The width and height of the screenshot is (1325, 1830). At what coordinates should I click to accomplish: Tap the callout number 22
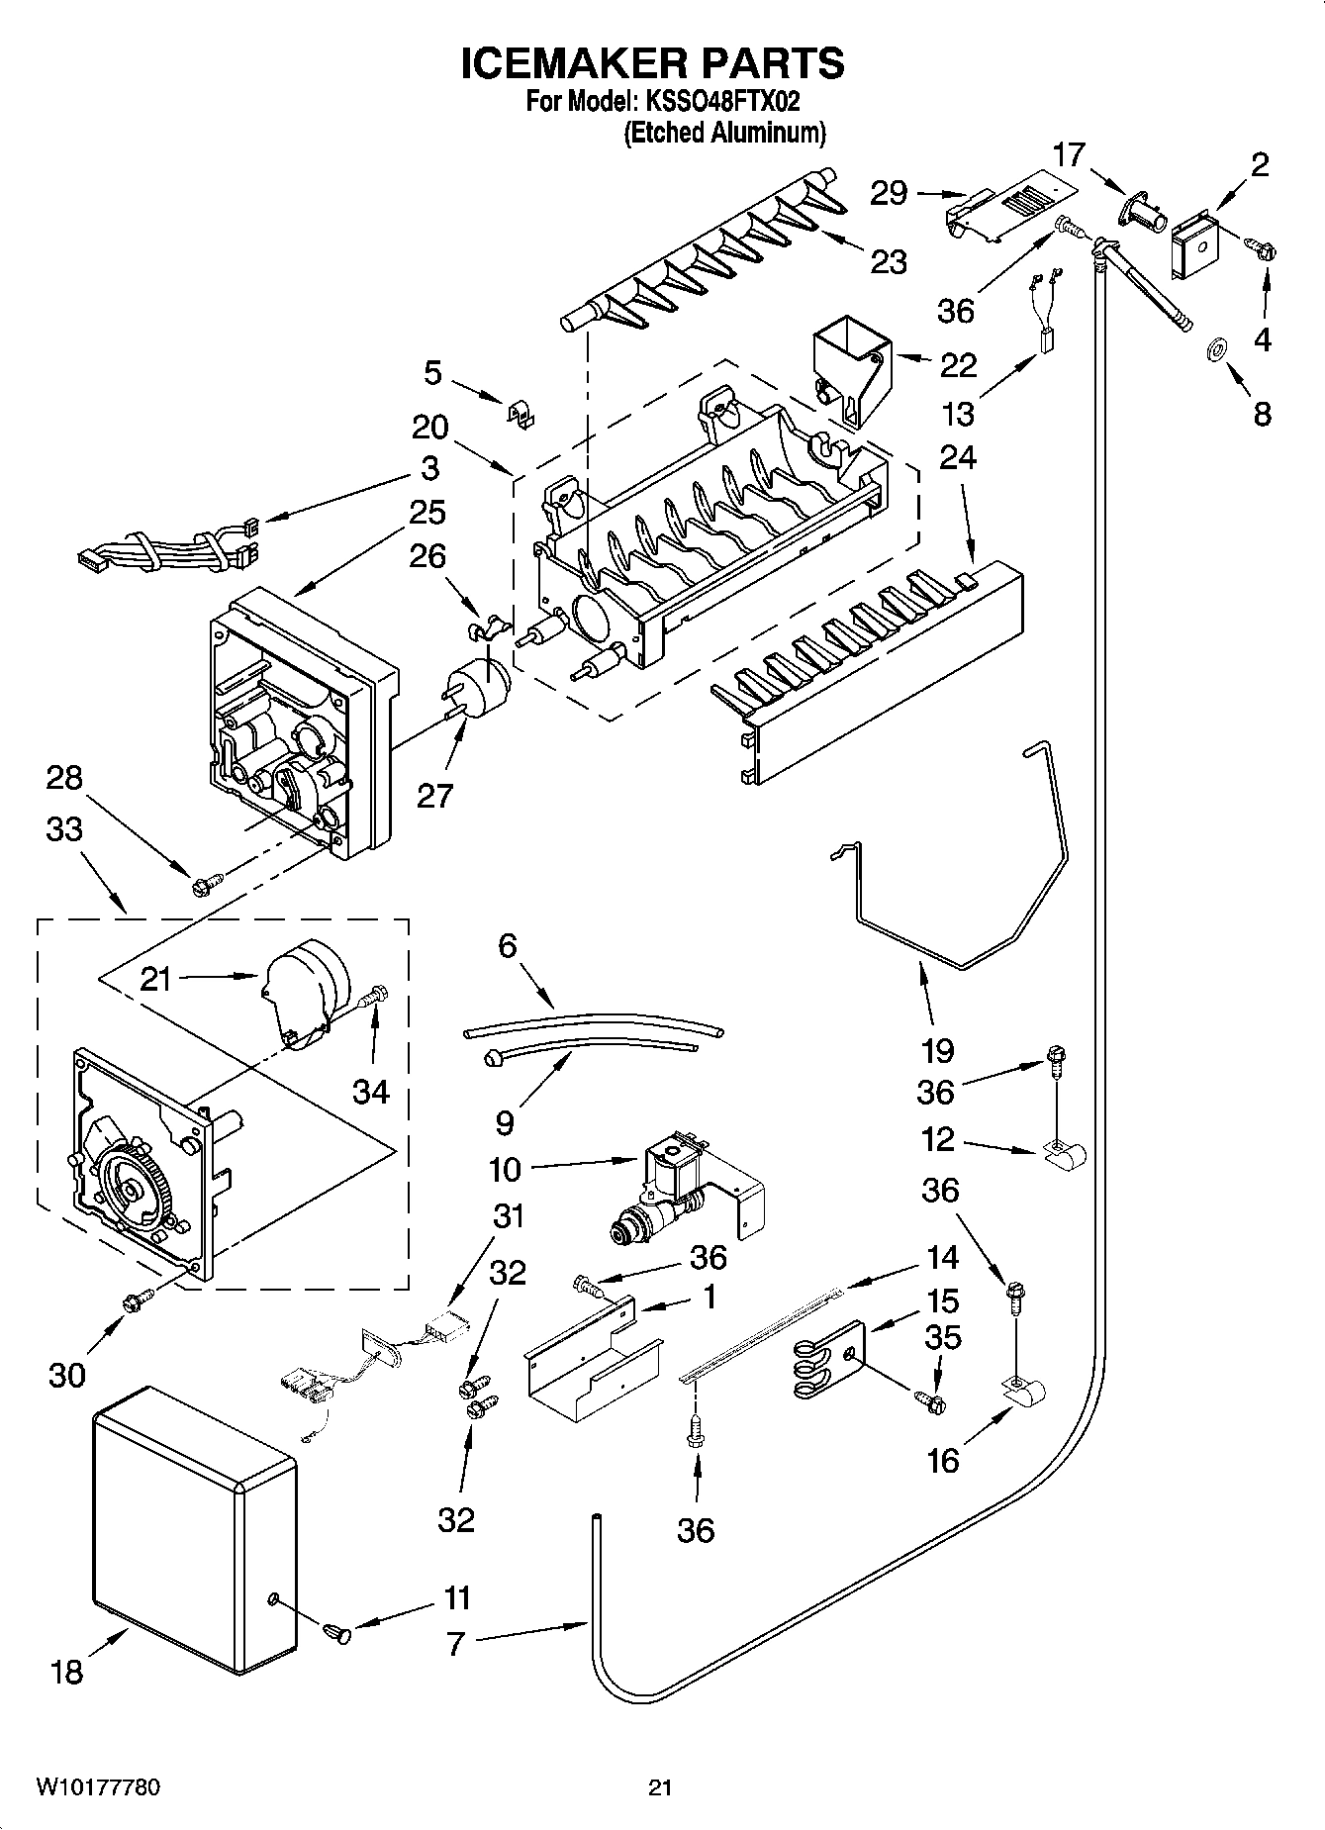tap(957, 365)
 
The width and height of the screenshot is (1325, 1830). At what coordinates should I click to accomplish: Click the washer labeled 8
tap(1214, 349)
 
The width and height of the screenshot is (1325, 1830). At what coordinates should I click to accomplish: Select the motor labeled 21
tap(301, 986)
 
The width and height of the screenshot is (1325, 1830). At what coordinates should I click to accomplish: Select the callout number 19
tap(937, 1050)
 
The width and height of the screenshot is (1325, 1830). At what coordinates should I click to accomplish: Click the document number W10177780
tap(99, 1787)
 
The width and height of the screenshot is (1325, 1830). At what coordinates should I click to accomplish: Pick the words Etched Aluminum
tap(724, 133)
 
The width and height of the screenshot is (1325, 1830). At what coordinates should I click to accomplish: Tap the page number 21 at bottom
tap(660, 1787)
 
